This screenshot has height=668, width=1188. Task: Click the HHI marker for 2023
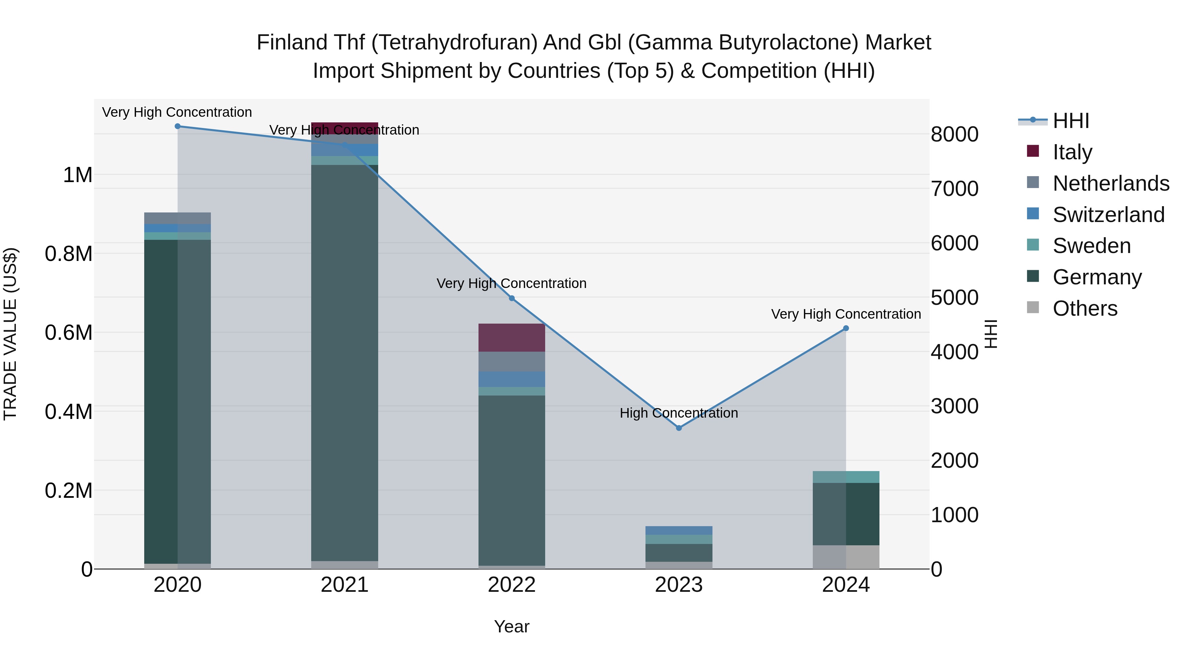[x=678, y=428]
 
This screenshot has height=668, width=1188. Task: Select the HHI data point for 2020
[x=178, y=126]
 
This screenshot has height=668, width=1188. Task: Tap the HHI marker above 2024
[x=845, y=328]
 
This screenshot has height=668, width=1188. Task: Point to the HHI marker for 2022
[x=511, y=298]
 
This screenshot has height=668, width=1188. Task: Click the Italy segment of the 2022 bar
[x=511, y=337]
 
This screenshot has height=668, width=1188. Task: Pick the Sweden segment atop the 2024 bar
[x=845, y=477]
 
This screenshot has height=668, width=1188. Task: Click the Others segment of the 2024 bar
[x=845, y=557]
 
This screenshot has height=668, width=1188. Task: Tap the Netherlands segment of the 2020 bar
[x=178, y=218]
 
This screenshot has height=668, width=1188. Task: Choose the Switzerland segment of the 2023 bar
[x=678, y=530]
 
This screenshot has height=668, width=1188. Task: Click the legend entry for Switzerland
[x=1108, y=215]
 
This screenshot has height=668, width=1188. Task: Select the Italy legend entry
[x=1072, y=152]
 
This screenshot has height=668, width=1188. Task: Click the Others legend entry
[x=1085, y=308]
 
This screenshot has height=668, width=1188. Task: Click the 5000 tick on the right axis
[x=954, y=298]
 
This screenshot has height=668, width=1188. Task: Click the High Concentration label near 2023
[x=678, y=413]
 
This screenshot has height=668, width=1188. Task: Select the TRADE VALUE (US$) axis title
[x=11, y=334]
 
